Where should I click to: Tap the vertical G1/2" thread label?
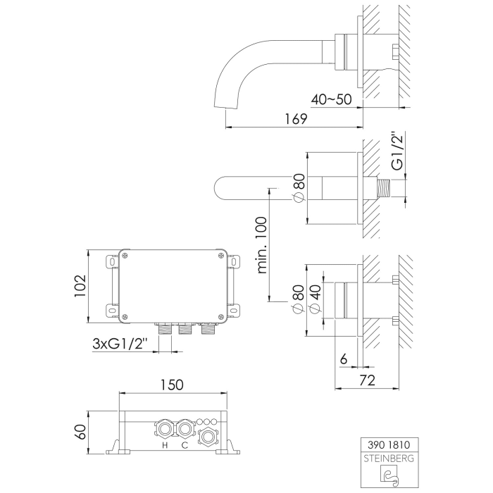[398, 150]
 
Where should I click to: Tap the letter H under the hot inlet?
[164, 446]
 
